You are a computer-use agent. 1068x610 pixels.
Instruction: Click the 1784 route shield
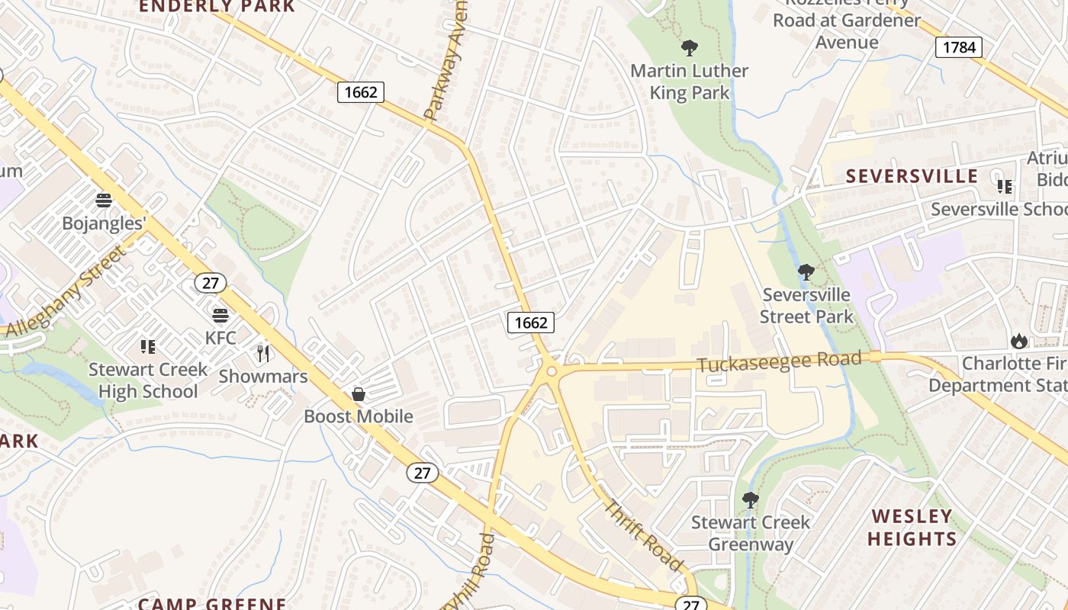click(x=958, y=47)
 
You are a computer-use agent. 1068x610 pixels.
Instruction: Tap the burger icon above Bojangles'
click(x=104, y=201)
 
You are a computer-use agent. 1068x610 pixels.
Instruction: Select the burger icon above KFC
click(x=220, y=315)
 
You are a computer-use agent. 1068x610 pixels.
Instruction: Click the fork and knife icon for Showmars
click(x=263, y=353)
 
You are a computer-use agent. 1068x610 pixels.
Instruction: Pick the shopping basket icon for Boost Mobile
click(x=358, y=394)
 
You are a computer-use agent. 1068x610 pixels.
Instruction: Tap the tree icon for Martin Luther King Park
click(x=690, y=48)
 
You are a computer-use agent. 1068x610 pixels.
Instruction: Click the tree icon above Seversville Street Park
click(x=806, y=272)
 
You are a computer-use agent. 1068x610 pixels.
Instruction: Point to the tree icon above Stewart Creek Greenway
click(x=751, y=500)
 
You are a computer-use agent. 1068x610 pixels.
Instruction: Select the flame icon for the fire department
click(x=1018, y=341)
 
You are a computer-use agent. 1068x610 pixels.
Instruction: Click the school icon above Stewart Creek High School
click(x=148, y=347)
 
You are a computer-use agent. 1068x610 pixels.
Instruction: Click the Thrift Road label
click(x=644, y=535)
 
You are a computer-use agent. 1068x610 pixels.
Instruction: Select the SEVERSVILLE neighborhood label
click(x=912, y=176)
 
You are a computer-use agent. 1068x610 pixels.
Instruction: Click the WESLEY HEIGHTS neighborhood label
click(x=912, y=528)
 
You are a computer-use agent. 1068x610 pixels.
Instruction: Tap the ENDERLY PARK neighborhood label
click(x=217, y=7)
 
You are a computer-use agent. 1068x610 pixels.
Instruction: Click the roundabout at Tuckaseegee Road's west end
click(x=551, y=372)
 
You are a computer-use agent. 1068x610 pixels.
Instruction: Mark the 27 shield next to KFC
click(x=211, y=283)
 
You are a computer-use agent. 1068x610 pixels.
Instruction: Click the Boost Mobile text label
click(x=359, y=416)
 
